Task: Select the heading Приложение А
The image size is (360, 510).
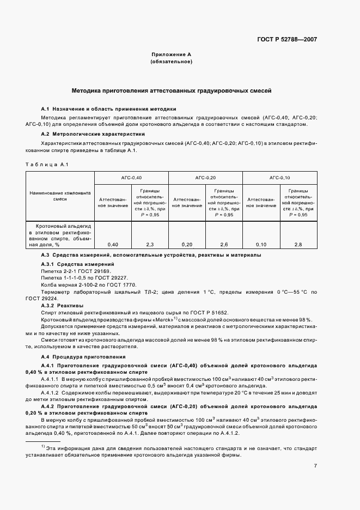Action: click(171, 54)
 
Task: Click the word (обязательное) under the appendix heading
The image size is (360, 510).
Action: click(171, 62)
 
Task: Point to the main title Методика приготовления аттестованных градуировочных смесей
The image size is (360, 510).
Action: click(172, 90)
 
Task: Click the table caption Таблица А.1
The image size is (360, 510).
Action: click(46, 164)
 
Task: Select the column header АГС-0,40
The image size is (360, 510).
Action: click(131, 178)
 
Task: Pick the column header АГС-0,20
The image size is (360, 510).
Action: click(205, 178)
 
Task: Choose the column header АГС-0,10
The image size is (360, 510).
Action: click(279, 178)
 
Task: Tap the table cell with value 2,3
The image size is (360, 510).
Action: click(150, 245)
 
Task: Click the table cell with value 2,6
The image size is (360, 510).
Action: click(224, 245)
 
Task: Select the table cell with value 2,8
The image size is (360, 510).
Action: click(298, 245)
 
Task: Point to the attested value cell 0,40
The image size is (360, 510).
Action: click(113, 245)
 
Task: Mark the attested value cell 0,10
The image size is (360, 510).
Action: click(261, 245)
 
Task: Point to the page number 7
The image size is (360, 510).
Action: click(315, 465)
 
